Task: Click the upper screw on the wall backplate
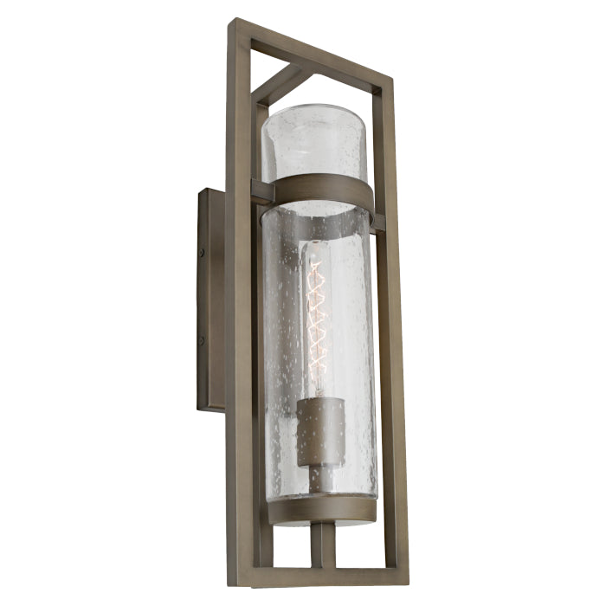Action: [202, 253]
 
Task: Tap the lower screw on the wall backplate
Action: [202, 340]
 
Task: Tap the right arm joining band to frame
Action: [379, 222]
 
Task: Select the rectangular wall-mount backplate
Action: [211, 299]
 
